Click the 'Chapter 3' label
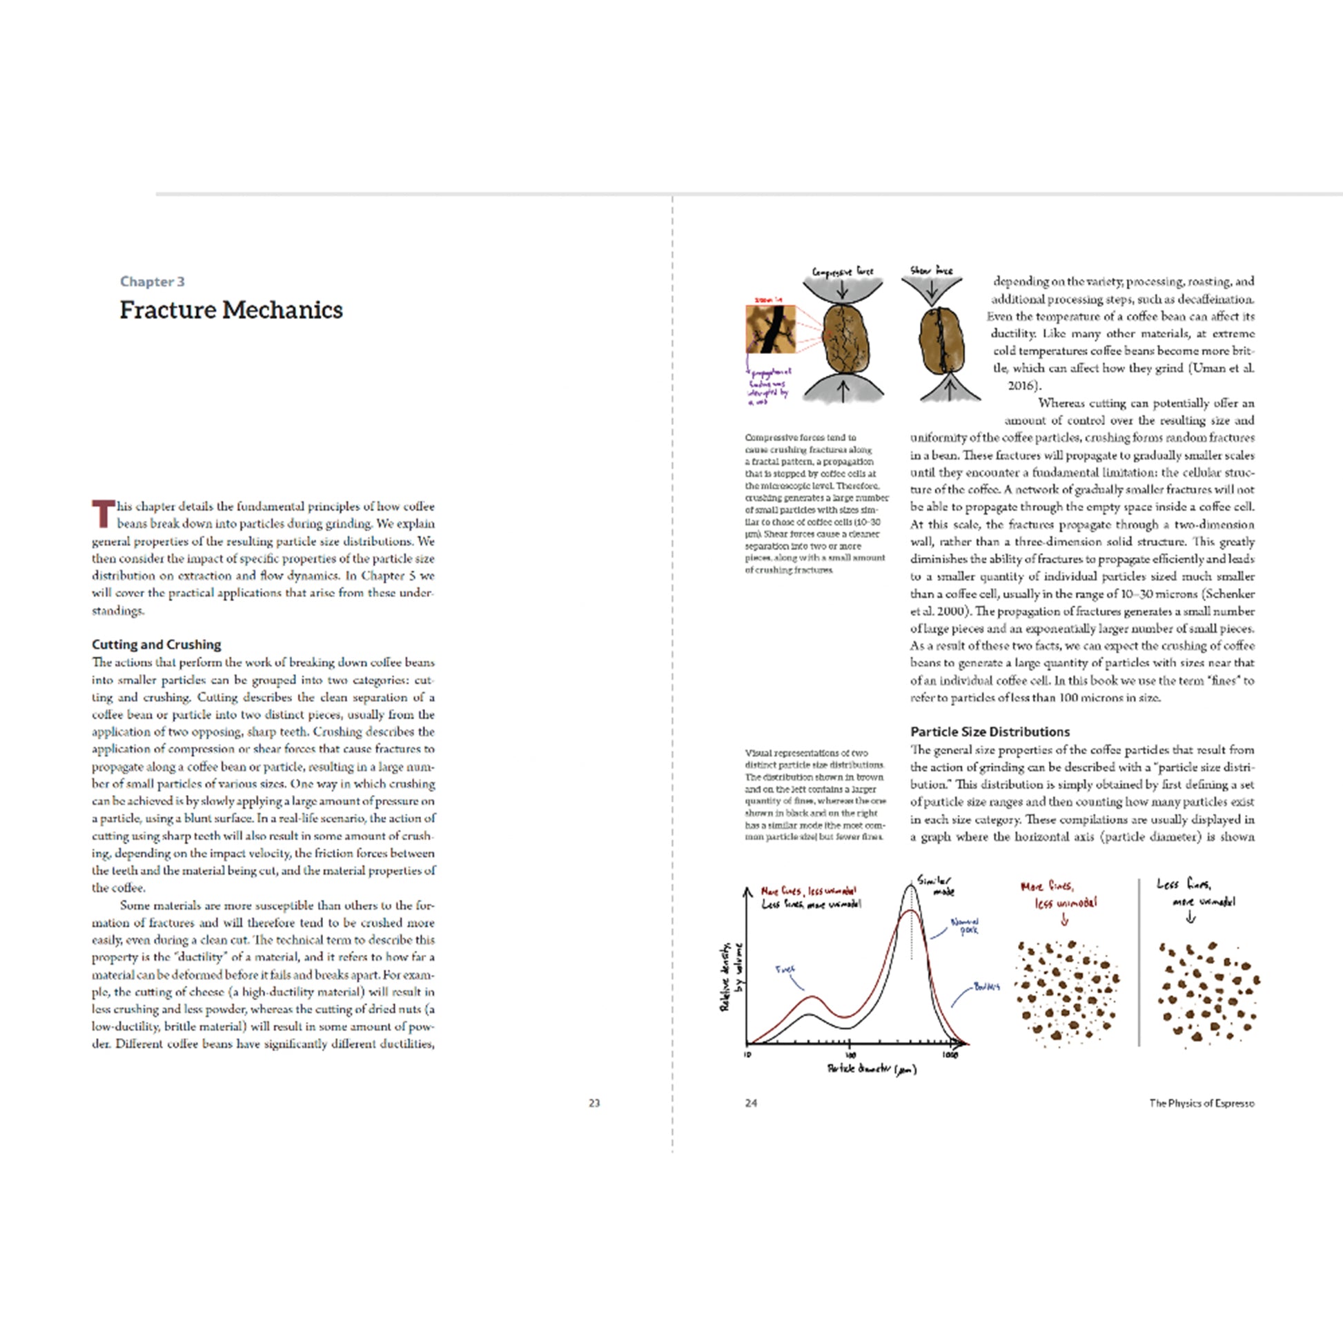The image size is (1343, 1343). point(153,282)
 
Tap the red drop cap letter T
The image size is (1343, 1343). point(103,513)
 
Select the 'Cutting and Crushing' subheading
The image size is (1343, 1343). point(157,645)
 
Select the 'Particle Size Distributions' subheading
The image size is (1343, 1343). point(990,732)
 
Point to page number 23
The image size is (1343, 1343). point(594,1103)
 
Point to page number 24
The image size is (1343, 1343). point(751,1103)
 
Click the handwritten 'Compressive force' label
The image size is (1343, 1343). point(843,271)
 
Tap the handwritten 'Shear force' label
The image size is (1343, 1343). point(932,270)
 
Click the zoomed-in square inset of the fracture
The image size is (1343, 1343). point(769,329)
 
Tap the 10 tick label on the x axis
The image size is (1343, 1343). point(747,1055)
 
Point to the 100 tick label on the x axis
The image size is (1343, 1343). point(850,1055)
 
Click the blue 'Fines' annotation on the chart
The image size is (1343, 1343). point(785,969)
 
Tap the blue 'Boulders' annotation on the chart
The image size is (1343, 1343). point(987,986)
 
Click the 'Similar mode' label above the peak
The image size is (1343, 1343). point(935,885)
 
